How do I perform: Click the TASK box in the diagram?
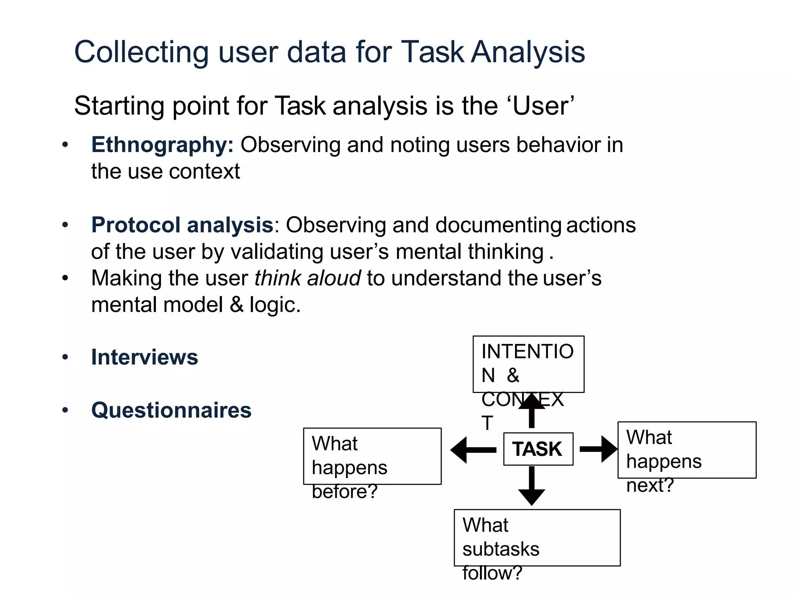(538, 449)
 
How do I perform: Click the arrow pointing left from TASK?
(473, 450)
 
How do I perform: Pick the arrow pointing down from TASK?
(531, 486)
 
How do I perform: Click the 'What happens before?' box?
(372, 456)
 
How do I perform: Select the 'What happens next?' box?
(686, 450)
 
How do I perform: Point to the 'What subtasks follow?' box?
(537, 538)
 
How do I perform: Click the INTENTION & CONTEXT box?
(528, 364)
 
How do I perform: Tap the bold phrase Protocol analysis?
(182, 225)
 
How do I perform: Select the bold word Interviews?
(144, 357)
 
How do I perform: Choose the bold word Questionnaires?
(171, 410)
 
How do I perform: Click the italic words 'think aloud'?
(307, 278)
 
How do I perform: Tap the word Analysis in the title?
(528, 52)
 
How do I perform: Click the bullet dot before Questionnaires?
(65, 410)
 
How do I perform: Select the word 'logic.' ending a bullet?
(275, 305)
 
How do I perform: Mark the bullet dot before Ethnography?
(65, 145)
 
